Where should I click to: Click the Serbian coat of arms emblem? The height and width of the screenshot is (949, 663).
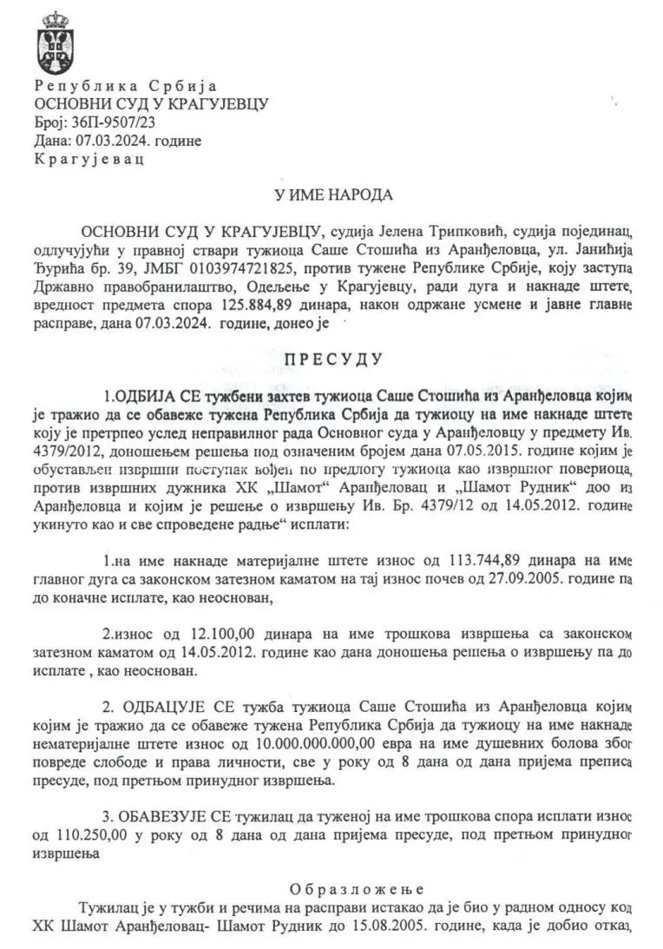pyautogui.click(x=55, y=43)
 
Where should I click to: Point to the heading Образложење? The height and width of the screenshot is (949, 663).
pyautogui.click(x=357, y=889)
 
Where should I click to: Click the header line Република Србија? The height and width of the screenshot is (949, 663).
pyautogui.click(x=125, y=86)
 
